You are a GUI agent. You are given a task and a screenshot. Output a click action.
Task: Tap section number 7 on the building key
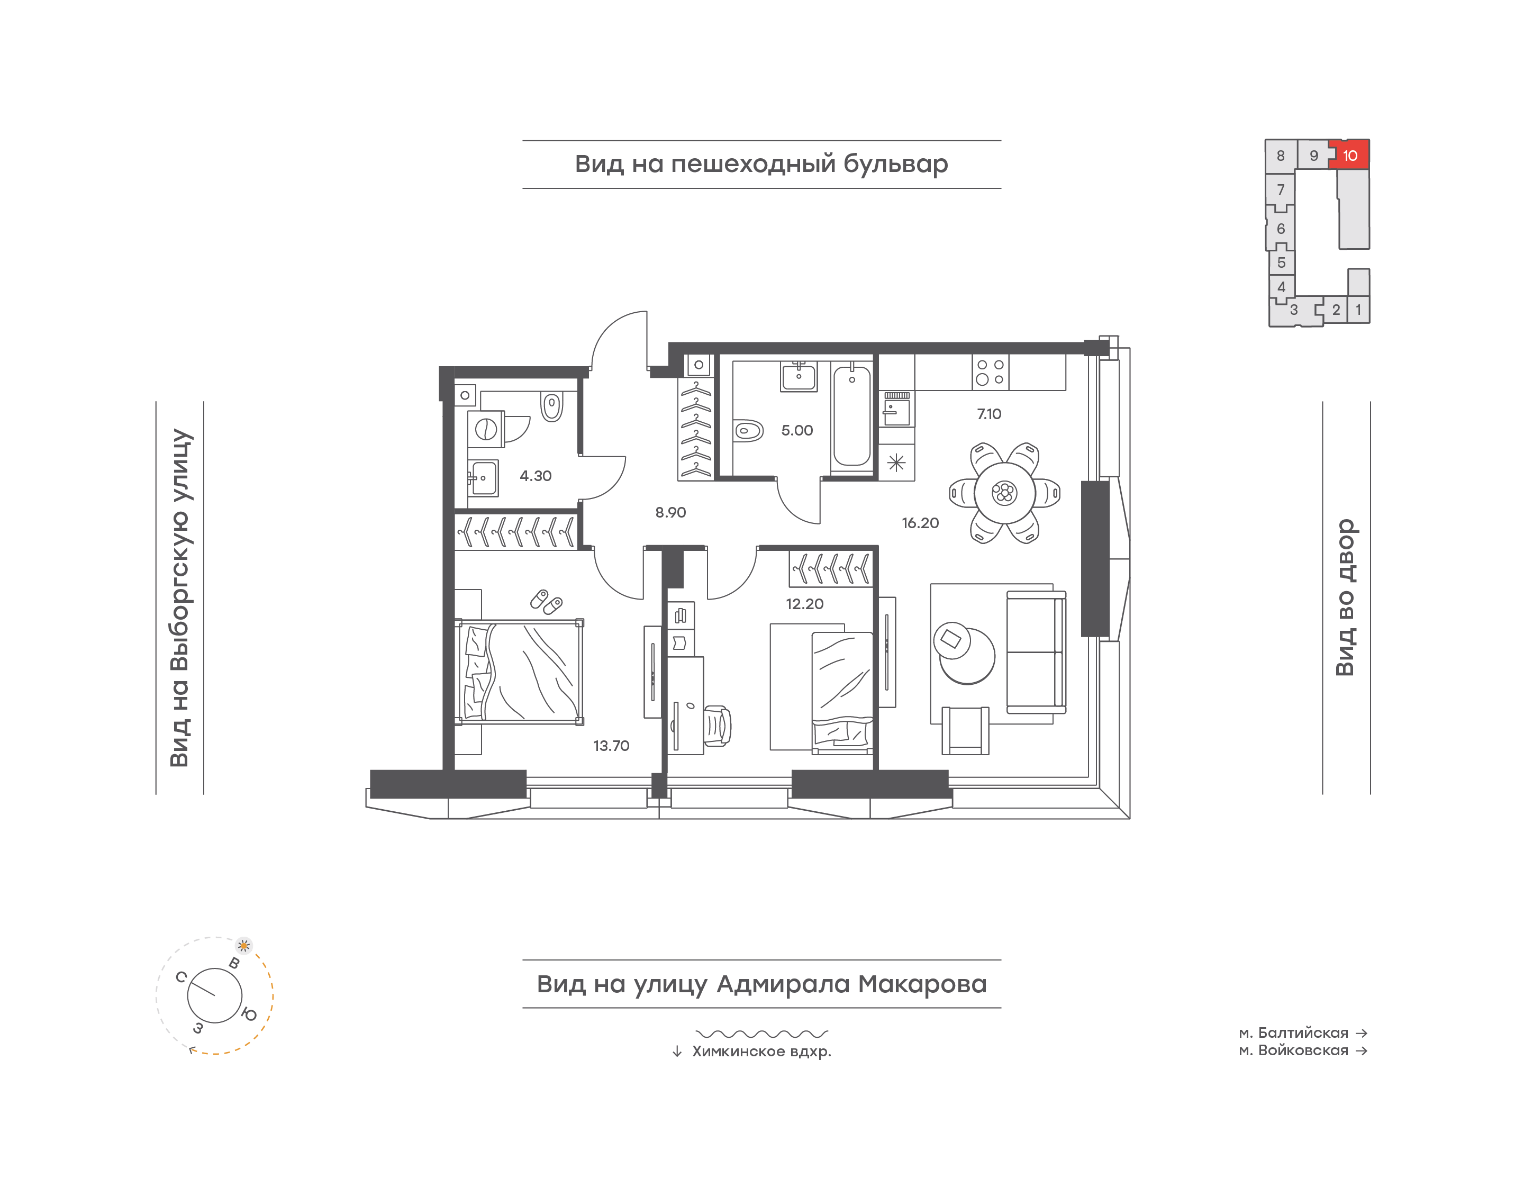point(1281,190)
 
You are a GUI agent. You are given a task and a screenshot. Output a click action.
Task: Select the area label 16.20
point(920,523)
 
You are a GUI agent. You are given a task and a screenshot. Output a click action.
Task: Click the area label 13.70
point(611,746)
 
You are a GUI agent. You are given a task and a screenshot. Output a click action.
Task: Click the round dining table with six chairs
point(1004,493)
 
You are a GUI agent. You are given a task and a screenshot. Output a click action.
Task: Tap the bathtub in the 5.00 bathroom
point(852,416)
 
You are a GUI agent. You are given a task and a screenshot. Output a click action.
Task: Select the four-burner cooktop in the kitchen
point(991,372)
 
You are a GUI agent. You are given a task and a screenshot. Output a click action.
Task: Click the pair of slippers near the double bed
point(546,602)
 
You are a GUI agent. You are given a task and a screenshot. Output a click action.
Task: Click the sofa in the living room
point(1036,652)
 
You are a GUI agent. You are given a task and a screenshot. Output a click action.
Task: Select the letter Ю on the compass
point(249,1014)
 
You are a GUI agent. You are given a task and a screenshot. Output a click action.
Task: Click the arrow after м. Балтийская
point(1361,1033)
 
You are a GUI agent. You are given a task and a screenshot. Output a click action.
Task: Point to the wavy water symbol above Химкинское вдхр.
point(761,1034)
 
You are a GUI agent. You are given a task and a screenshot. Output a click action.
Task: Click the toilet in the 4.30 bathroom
point(551,406)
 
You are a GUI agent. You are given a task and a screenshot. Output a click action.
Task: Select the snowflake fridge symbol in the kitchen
point(896,462)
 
